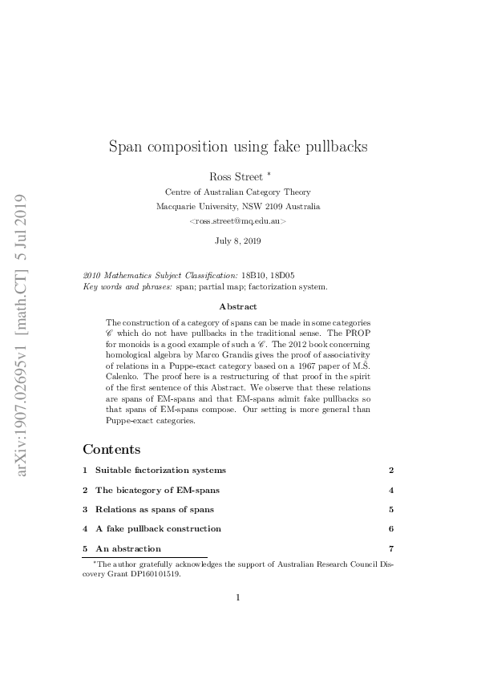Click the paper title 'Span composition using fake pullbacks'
(x=238, y=147)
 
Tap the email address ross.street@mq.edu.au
(x=237, y=220)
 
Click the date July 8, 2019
(x=237, y=240)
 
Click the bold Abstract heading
(x=237, y=306)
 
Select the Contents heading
(x=111, y=450)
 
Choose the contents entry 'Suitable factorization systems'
(x=160, y=470)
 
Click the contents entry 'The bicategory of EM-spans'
(x=157, y=490)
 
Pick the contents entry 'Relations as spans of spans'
(x=154, y=509)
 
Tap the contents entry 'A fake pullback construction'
(x=158, y=529)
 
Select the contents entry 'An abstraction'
(x=128, y=548)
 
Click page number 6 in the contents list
(x=390, y=529)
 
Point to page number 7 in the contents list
(x=390, y=548)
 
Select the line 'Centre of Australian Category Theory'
(x=237, y=192)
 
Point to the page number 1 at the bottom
(x=238, y=597)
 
